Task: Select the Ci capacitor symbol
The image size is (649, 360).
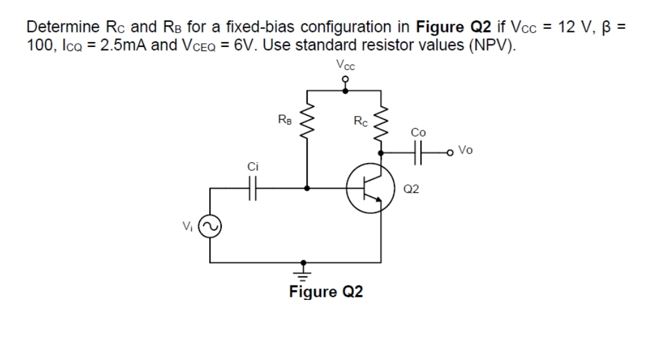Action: pos(252,188)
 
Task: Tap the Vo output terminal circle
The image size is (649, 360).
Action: pos(451,152)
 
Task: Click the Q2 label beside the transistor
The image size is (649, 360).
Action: pos(412,189)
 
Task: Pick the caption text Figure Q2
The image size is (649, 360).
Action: pos(326,293)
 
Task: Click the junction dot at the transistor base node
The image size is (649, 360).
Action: pos(308,188)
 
